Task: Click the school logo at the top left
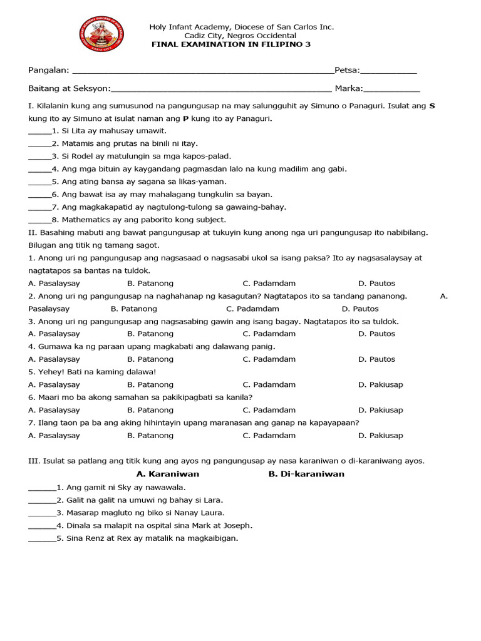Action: coord(102,34)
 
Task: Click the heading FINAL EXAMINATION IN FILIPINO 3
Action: coord(232,45)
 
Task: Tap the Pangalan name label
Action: coord(49,70)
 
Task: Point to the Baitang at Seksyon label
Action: coord(69,89)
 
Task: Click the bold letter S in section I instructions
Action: coord(432,106)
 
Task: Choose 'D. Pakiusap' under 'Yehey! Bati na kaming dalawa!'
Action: coord(381,384)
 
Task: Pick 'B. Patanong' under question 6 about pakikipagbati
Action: coord(150,410)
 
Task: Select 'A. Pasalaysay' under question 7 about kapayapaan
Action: coord(54,436)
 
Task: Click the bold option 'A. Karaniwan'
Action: coord(168,474)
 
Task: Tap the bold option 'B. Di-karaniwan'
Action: coord(306,474)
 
